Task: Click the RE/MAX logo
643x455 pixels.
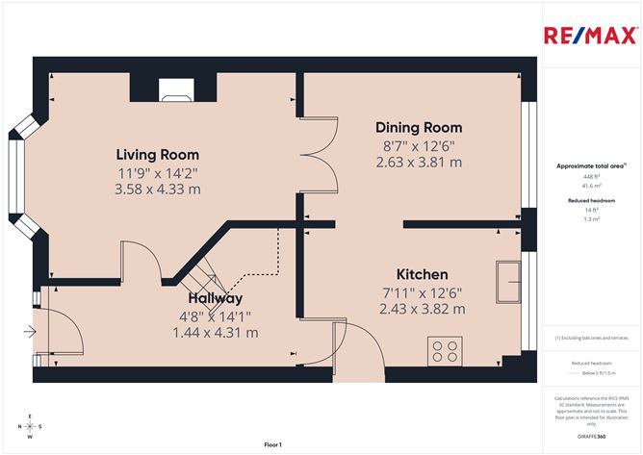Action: pyautogui.click(x=589, y=37)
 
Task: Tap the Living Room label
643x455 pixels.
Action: pyautogui.click(x=158, y=154)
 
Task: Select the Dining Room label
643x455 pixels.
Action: pyautogui.click(x=419, y=127)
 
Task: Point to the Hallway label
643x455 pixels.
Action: pyautogui.click(x=216, y=298)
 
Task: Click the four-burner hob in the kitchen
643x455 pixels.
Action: pyautogui.click(x=445, y=351)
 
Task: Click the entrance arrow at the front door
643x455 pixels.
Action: pyautogui.click(x=30, y=333)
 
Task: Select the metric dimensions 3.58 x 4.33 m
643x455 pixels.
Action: pyautogui.click(x=158, y=190)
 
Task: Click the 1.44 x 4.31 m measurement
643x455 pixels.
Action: pyautogui.click(x=216, y=332)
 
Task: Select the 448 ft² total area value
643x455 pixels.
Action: pyautogui.click(x=591, y=177)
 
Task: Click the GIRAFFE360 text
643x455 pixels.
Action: pyautogui.click(x=591, y=436)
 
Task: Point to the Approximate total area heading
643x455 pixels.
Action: pyautogui.click(x=590, y=166)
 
